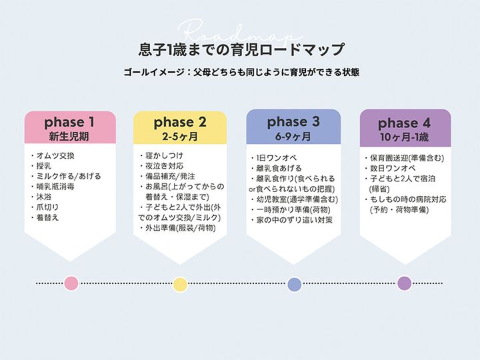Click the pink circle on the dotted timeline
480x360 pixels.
coord(71,283)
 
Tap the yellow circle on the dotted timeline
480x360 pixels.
coord(180,284)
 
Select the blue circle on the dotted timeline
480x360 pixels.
coord(294,284)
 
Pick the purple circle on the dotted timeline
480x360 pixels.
coord(404,283)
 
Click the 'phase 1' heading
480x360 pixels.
coord(74,123)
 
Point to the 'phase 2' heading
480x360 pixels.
coord(180,123)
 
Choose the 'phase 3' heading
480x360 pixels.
coord(293,122)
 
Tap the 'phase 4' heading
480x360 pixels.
coord(404,123)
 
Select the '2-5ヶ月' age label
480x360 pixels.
coord(180,137)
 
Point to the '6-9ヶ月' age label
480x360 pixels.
coord(293,137)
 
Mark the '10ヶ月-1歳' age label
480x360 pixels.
coord(404,137)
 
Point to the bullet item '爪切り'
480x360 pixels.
coord(51,207)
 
